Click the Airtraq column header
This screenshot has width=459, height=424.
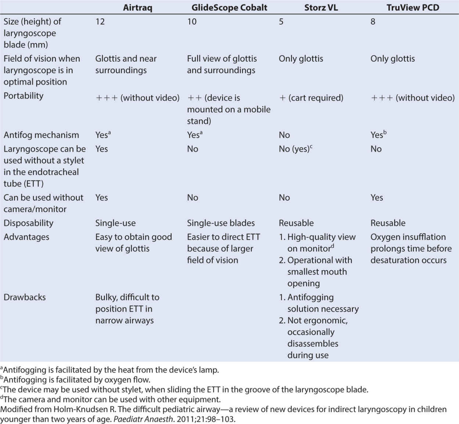coord(137,7)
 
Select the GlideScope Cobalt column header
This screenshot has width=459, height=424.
coord(229,7)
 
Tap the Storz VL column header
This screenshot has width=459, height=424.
coord(321,7)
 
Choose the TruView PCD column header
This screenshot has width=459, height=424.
coord(413,7)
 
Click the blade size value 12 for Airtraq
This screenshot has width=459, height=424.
coord(100,22)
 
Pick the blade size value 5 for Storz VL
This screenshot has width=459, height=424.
coord(281,22)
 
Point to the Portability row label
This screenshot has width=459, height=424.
coord(24,96)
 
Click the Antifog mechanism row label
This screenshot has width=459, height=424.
coord(41,135)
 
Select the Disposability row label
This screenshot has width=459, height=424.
coord(28,223)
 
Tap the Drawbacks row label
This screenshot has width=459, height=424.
coord(25,297)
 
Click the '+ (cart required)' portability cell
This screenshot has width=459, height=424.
coord(311,98)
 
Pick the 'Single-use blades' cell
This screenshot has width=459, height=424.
coord(221,223)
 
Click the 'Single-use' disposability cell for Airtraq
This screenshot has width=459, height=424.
coord(115,223)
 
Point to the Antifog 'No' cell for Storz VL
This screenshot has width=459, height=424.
coord(284,135)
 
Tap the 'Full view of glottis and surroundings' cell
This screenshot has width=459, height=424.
coord(222,64)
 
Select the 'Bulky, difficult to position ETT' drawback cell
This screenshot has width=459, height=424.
coord(127,309)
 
